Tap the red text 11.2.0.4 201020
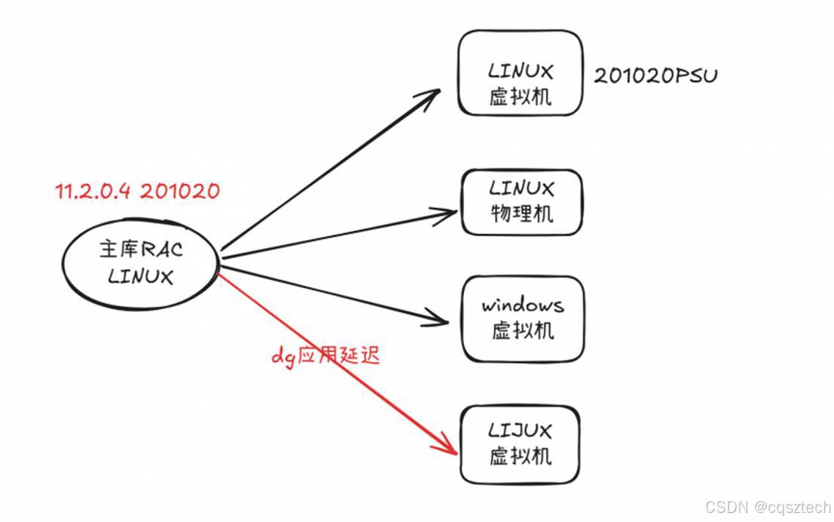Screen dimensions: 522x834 click(x=138, y=191)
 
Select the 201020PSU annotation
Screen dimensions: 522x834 click(x=655, y=76)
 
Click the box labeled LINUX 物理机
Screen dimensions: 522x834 click(x=521, y=201)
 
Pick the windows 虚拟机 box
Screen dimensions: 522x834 click(x=521, y=318)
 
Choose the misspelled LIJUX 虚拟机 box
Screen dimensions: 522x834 click(x=521, y=444)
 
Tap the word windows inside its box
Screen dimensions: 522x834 click(x=522, y=306)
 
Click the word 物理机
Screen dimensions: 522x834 click(x=521, y=213)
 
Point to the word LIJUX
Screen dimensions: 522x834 click(x=521, y=431)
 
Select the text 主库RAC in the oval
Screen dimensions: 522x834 click(x=141, y=250)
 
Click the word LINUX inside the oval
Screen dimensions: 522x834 click(x=141, y=276)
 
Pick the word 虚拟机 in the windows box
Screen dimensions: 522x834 click(x=522, y=330)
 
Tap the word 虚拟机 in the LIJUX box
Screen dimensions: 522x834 click(x=521, y=456)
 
